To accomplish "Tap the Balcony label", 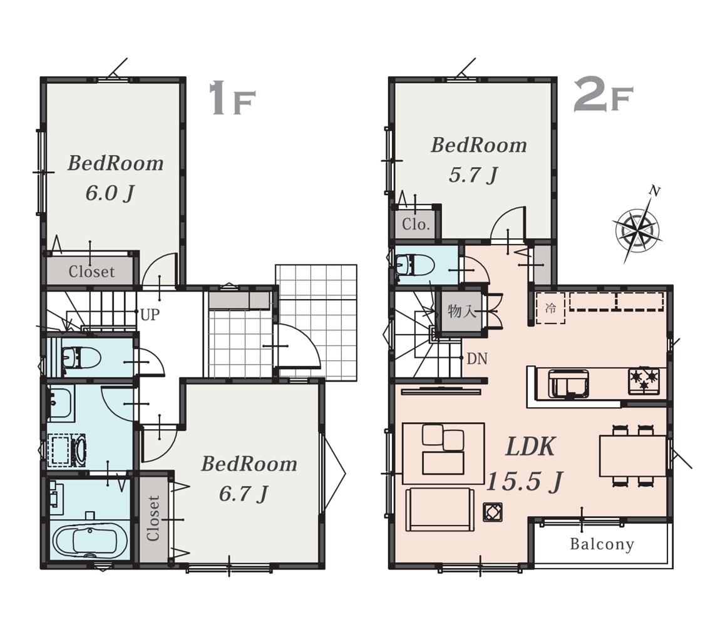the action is pyautogui.click(x=602, y=544).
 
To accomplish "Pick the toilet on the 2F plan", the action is pyautogui.click(x=414, y=264).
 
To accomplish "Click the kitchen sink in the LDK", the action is pyautogui.click(x=569, y=383).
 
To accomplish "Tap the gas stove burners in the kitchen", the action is pyautogui.click(x=644, y=381).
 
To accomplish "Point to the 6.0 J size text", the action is pyautogui.click(x=110, y=194).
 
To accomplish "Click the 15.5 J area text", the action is pyautogui.click(x=524, y=481).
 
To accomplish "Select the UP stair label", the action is pyautogui.click(x=150, y=315).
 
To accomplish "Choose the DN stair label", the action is pyautogui.click(x=477, y=359).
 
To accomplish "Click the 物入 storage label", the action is pyautogui.click(x=461, y=312).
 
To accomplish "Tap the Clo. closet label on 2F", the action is pyautogui.click(x=416, y=225).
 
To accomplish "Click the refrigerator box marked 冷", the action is pyautogui.click(x=550, y=308).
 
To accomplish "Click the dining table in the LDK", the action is pyautogui.click(x=633, y=455).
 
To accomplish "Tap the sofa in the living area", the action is pyautogui.click(x=440, y=509).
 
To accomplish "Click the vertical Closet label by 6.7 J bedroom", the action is pyautogui.click(x=153, y=519).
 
